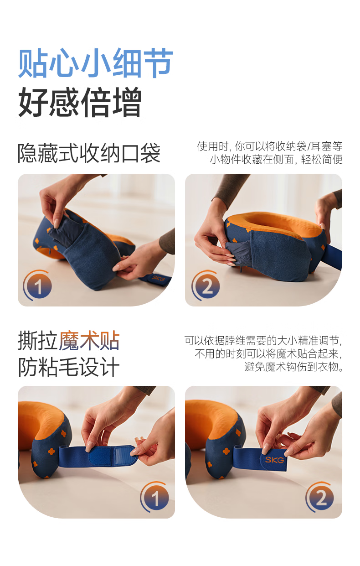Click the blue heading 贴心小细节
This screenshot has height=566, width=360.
click(96, 63)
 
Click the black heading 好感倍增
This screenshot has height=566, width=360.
click(80, 102)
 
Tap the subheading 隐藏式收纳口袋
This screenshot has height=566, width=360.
click(89, 153)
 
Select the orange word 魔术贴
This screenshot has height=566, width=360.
click(89, 341)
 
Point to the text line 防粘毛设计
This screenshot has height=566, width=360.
click(69, 367)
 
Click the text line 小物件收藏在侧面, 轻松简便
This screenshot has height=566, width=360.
click(276, 160)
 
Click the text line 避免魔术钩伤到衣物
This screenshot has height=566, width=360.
click(293, 367)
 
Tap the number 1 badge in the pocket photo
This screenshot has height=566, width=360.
click(38, 286)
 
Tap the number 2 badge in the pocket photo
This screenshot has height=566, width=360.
click(206, 286)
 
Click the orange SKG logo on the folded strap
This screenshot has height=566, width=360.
click(274, 459)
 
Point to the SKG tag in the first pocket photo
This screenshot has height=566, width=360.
click(158, 279)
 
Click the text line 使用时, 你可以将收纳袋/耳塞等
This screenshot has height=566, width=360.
click(270, 146)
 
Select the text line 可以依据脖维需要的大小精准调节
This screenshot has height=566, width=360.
click(263, 341)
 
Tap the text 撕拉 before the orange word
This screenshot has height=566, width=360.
click(38, 341)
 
